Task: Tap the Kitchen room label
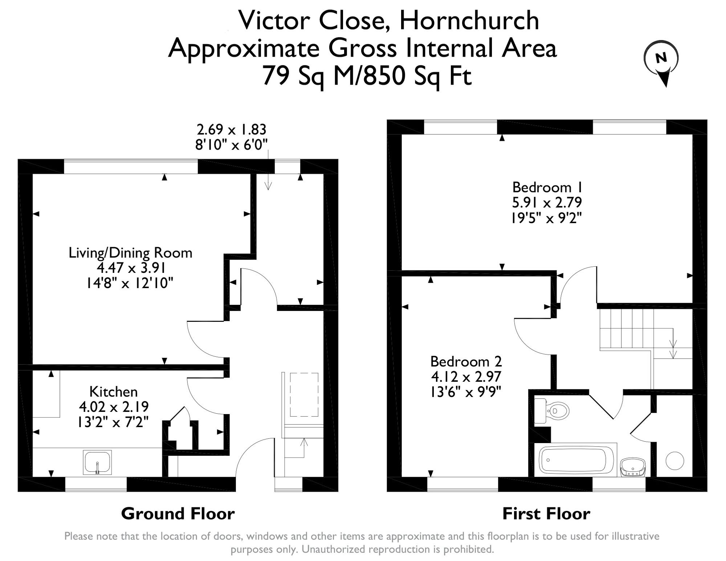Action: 114,392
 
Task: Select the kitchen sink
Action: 97,462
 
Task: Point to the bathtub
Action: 575,460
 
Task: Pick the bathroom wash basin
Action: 633,467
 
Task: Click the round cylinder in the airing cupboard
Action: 675,461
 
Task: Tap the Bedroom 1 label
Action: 547,187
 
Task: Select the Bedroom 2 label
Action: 466,361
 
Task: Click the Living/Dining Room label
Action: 131,253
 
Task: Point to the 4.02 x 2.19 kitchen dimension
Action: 114,407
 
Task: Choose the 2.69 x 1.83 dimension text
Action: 232,129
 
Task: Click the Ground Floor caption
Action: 178,513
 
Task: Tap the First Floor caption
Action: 546,513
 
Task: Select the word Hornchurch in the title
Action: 469,20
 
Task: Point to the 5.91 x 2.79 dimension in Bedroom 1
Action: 547,202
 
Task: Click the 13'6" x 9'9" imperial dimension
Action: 466,392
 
